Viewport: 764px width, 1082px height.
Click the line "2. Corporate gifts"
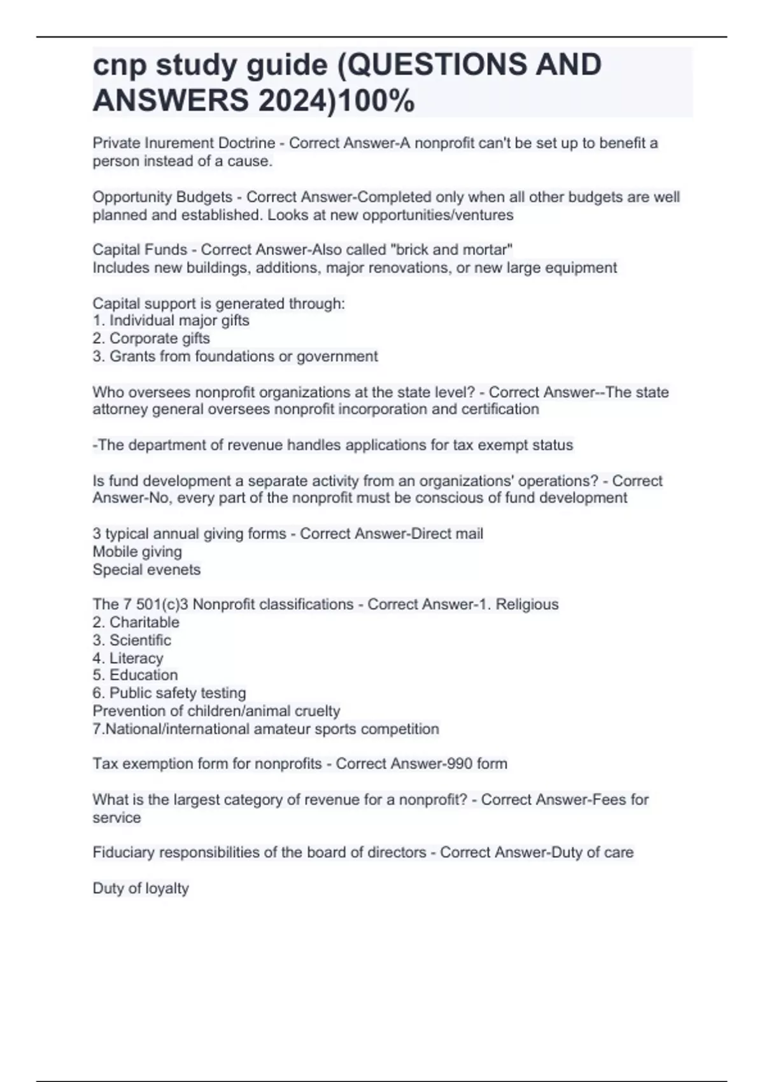(151, 339)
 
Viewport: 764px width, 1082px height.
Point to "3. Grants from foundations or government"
(235, 356)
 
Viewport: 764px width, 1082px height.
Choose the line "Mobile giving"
(137, 552)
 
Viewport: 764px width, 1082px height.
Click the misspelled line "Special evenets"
(146, 570)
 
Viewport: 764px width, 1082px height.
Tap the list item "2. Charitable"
(136, 622)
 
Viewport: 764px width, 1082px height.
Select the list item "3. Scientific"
(132, 640)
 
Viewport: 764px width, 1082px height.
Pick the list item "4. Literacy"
(128, 658)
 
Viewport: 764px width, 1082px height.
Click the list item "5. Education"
(135, 675)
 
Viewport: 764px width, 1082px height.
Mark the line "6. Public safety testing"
(169, 693)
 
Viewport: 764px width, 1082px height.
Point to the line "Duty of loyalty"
(141, 889)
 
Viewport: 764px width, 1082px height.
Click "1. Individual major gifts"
(171, 321)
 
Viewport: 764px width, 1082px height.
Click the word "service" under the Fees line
(117, 818)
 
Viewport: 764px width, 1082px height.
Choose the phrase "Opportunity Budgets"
(162, 197)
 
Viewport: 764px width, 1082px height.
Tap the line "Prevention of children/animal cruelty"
(216, 711)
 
